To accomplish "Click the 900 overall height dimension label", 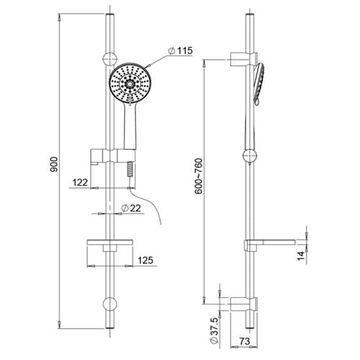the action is click(54, 164).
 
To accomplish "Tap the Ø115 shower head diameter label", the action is click(181, 50).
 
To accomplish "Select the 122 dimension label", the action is click(80, 183).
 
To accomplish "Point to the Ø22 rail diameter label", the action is click(131, 208).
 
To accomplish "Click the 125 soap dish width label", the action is click(145, 260).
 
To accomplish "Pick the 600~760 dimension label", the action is click(199, 176).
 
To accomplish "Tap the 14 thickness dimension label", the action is click(301, 256).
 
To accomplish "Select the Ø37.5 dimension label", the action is click(214, 330).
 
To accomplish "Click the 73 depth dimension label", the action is click(245, 341).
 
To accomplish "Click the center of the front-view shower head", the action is click(130, 84).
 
